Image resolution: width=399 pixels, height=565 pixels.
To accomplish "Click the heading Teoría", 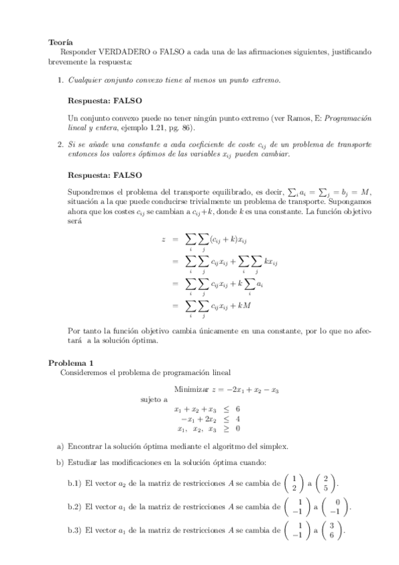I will click(x=61, y=41).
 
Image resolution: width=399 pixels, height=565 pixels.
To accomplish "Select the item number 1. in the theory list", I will click(x=60, y=80).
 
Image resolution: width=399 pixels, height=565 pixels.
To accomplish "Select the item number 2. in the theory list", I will click(x=60, y=144).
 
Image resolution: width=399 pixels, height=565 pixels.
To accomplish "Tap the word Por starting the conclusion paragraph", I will click(x=75, y=330).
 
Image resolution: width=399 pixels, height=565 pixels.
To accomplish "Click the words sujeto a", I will click(x=154, y=400).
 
